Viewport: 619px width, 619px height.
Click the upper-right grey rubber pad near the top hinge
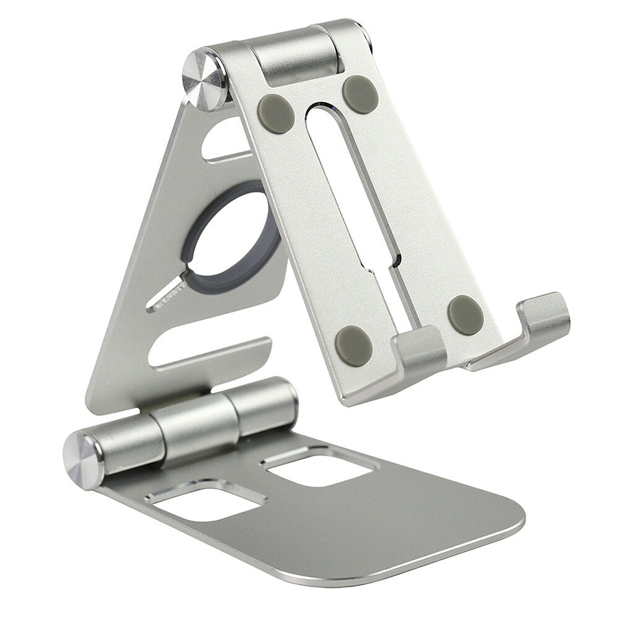coord(360,94)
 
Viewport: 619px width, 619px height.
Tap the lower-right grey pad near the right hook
coord(465,314)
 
